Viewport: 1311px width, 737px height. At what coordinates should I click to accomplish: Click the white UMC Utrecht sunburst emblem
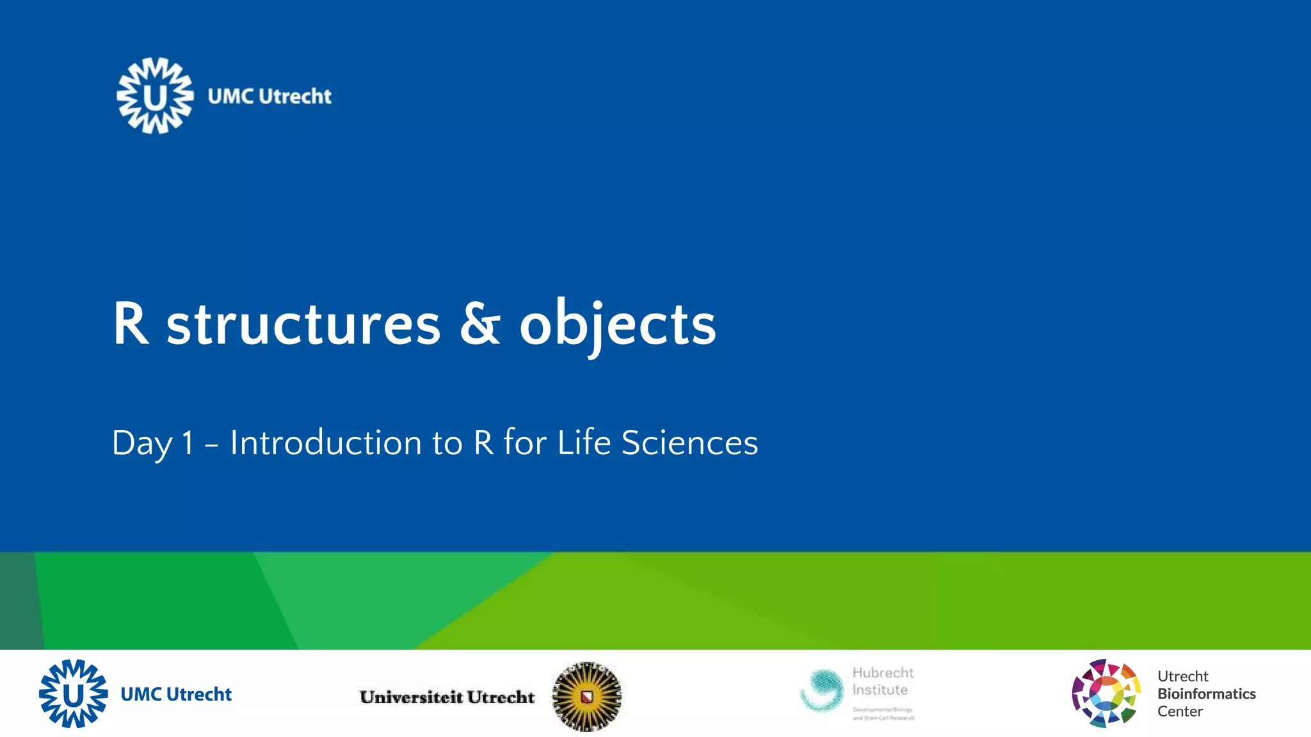tap(155, 96)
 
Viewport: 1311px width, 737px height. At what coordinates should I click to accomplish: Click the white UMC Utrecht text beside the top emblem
tap(269, 97)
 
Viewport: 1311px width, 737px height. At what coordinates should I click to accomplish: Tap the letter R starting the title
tap(131, 324)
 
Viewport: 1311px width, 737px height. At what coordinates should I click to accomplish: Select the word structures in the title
tap(303, 325)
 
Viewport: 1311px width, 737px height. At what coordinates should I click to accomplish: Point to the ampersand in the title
tap(479, 324)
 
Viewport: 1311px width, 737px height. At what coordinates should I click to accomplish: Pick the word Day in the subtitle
tap(142, 443)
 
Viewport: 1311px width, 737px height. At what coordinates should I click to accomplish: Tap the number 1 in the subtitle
tap(188, 443)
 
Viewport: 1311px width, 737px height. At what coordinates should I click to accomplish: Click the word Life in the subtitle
tap(584, 443)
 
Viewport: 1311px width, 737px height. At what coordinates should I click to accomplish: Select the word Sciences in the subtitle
tap(689, 443)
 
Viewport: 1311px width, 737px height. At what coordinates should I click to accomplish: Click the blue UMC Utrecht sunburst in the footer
tap(73, 693)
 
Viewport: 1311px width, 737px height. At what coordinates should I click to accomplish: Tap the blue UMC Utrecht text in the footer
tap(176, 694)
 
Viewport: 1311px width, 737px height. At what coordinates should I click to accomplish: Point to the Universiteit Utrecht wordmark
tap(447, 697)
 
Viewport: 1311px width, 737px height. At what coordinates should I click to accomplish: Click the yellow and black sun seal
tap(586, 696)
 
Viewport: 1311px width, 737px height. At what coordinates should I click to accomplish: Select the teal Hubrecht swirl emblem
tap(822, 690)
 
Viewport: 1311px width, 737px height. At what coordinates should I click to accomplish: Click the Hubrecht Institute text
tap(882, 681)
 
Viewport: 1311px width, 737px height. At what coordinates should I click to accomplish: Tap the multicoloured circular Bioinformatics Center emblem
tap(1106, 693)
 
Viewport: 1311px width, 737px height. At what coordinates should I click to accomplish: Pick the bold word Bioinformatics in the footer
tap(1206, 694)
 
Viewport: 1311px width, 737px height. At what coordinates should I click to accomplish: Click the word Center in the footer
tap(1180, 711)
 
